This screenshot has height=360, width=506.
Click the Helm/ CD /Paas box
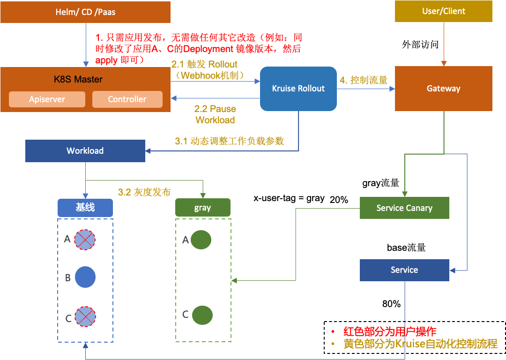click(x=86, y=12)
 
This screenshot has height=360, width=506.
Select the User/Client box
click(x=443, y=11)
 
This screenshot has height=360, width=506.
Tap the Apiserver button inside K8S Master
click(x=47, y=99)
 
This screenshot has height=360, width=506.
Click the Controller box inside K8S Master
click(x=127, y=99)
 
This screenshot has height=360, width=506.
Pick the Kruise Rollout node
click(x=298, y=89)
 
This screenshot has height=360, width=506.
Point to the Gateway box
click(x=443, y=89)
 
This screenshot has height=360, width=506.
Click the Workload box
click(x=85, y=151)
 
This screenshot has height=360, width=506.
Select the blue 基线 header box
click(x=85, y=207)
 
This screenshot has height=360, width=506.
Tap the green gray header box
click(x=203, y=208)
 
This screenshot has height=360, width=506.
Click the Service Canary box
click(x=404, y=208)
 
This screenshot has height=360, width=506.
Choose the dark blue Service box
click(x=404, y=270)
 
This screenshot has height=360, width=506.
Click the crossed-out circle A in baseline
click(x=85, y=240)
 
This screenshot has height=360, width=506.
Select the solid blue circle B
click(x=85, y=277)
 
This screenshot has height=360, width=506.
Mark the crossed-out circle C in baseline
click(x=85, y=316)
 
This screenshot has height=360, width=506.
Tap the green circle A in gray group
click(x=201, y=240)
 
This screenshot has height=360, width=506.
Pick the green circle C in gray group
click(x=202, y=315)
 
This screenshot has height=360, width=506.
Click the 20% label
click(x=339, y=200)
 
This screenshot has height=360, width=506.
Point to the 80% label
click(x=391, y=304)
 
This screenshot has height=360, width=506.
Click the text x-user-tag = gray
click(x=289, y=198)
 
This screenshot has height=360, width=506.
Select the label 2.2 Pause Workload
click(x=215, y=114)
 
